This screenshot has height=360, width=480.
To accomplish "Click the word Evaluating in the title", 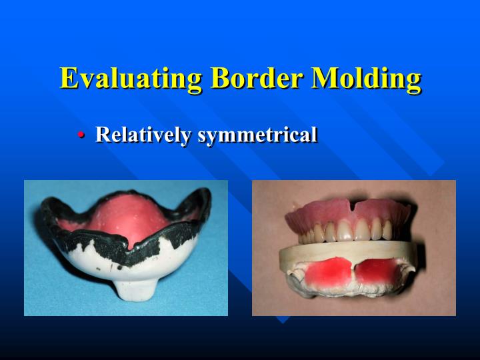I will [131, 79].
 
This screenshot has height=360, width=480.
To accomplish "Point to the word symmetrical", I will [257, 135].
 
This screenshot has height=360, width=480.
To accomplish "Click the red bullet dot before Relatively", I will [81, 135].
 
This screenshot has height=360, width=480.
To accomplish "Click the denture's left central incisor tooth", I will [345, 230].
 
